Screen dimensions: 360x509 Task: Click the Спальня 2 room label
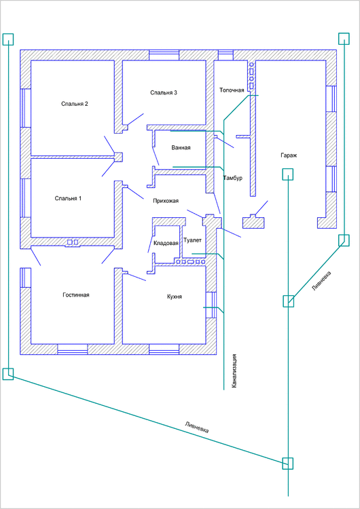point(75,104)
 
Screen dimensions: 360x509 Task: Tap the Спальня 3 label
point(164,93)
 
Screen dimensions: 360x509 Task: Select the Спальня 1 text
point(68,198)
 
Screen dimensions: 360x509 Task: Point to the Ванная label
point(181,148)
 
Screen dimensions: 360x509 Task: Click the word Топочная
point(232,90)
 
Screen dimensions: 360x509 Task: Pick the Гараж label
point(289,155)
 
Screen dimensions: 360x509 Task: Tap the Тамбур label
point(232,178)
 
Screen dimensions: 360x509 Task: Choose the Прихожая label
point(166,201)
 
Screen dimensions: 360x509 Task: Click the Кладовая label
point(166,244)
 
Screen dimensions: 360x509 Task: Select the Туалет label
point(192,240)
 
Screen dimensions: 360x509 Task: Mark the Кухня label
point(175,297)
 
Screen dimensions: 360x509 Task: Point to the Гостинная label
point(75,295)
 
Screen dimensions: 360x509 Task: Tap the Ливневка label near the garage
point(322,281)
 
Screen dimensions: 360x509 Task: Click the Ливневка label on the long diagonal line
point(196,427)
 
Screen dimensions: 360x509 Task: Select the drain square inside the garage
point(287,174)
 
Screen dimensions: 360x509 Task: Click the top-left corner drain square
point(8,39)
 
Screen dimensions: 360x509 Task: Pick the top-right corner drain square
point(344,39)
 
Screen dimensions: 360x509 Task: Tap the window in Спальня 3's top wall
point(164,55)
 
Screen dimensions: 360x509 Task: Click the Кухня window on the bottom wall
point(164,349)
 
